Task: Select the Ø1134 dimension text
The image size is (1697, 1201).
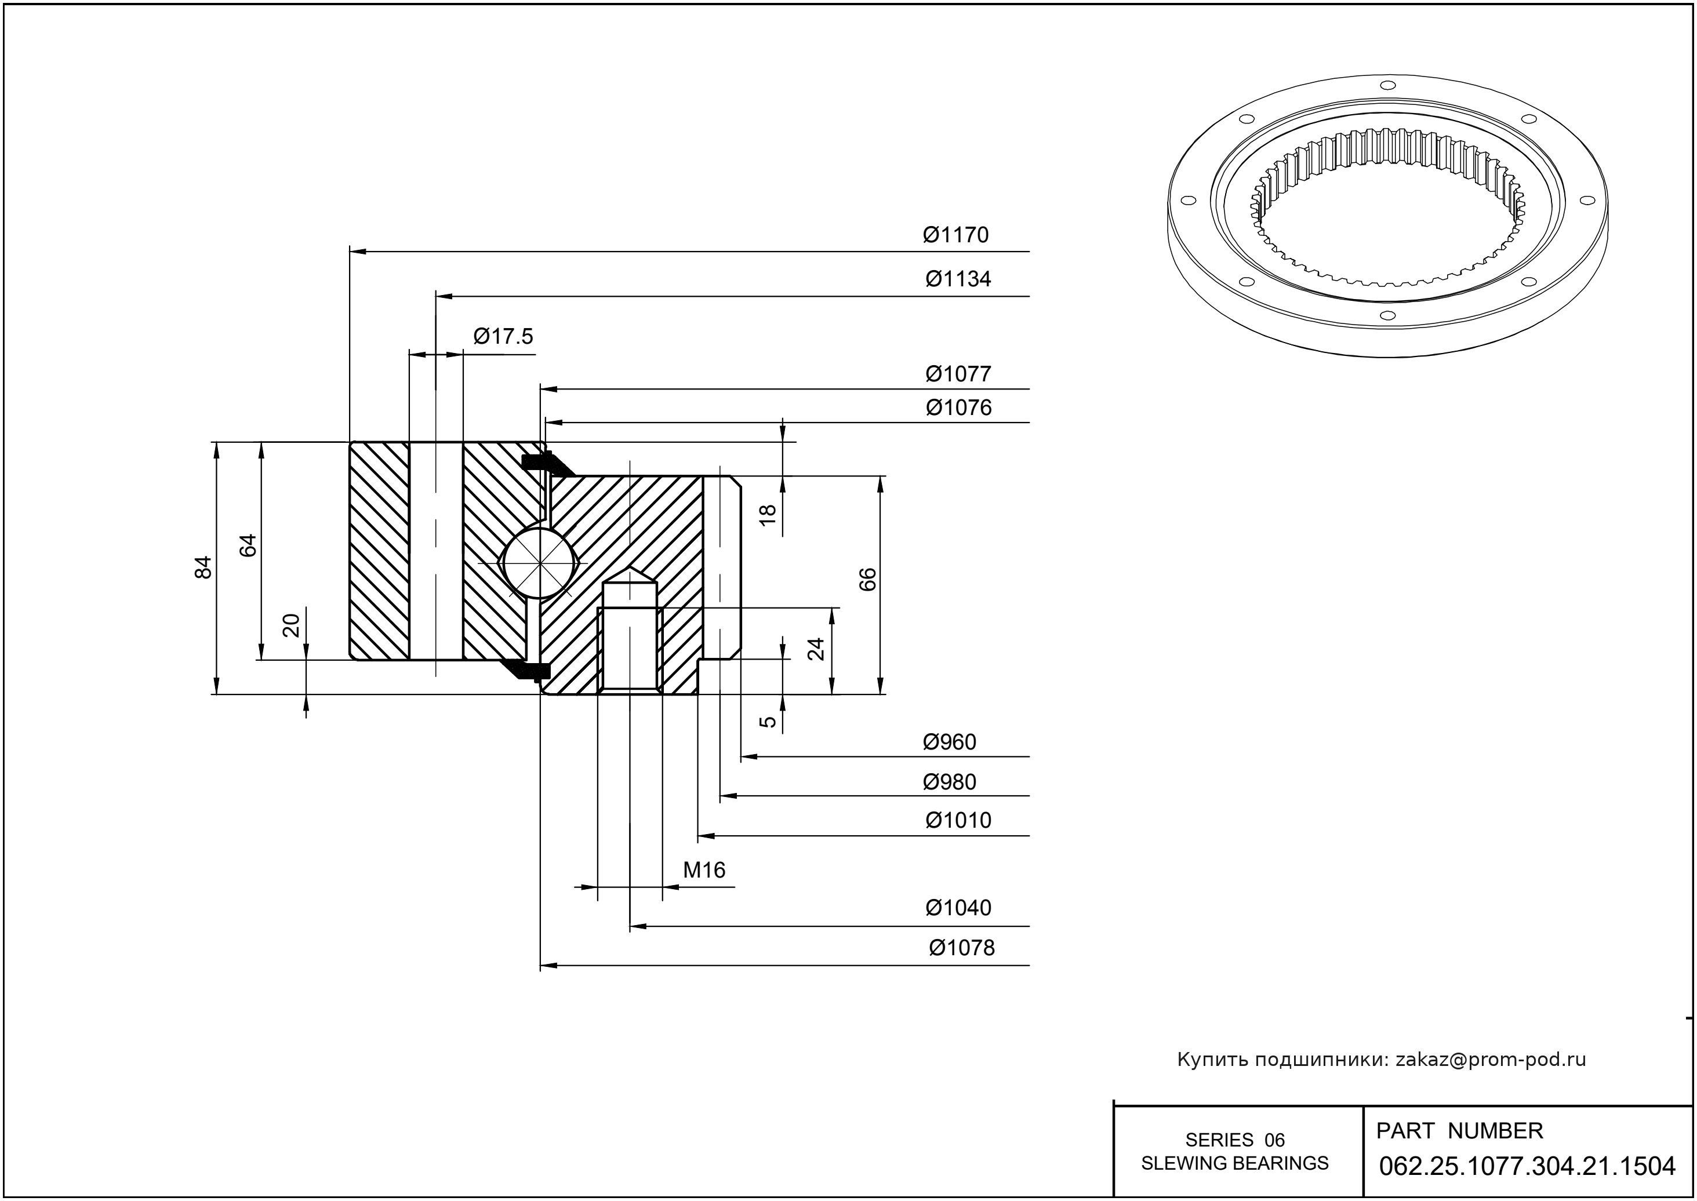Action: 958,279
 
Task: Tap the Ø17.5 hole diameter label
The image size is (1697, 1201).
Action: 503,337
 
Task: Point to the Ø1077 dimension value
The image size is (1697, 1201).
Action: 958,374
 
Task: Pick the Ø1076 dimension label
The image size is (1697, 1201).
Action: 958,407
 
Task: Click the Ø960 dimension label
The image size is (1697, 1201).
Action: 949,743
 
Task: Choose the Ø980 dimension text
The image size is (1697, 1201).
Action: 949,782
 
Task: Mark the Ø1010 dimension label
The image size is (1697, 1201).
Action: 958,820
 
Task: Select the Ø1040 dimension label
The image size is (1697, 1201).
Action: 958,907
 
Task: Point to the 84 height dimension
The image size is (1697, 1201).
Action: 204,567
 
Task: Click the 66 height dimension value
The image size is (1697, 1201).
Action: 868,579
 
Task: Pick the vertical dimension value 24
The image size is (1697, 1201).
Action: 815,649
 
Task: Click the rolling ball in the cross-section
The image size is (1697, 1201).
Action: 540,563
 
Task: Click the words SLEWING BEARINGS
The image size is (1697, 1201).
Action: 1235,1163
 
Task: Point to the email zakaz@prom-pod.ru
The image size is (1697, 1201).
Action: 1491,1060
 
